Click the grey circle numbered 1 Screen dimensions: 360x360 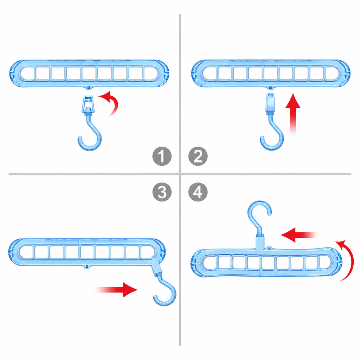pyautogui.click(x=162, y=156)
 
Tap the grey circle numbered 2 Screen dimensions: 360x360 pyautogui.click(x=198, y=156)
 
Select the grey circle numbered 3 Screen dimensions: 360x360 pyautogui.click(x=162, y=192)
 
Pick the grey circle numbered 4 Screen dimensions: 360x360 pyautogui.click(x=198, y=192)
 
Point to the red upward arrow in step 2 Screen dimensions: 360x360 pyautogui.click(x=293, y=114)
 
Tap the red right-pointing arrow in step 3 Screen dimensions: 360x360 pyautogui.click(x=116, y=290)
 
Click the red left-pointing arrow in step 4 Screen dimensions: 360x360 pyautogui.click(x=299, y=235)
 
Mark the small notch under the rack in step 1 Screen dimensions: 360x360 pyautogui.click(x=89, y=88)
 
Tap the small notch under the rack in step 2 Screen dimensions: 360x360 pyautogui.click(x=270, y=88)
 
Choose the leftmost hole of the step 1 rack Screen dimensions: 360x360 pyautogui.click(x=27, y=73)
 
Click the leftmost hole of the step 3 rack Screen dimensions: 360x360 pyautogui.click(x=26, y=252)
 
